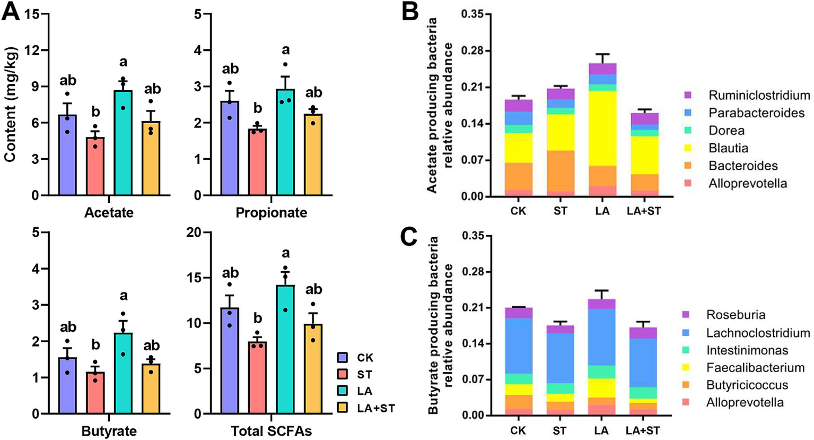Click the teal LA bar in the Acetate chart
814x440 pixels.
click(123, 143)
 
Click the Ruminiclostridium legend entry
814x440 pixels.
click(759, 96)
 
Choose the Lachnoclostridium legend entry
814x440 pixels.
click(758, 333)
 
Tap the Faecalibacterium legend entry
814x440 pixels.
click(755, 367)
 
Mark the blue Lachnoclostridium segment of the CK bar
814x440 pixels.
click(518, 346)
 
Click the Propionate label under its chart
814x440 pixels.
click(271, 213)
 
